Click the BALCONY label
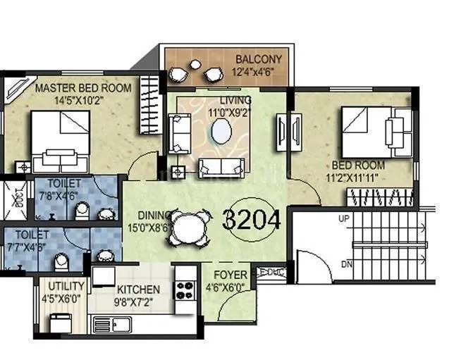[x=255, y=58]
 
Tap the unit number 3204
[x=252, y=221]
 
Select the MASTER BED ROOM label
[x=83, y=88]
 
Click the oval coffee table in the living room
[x=221, y=132]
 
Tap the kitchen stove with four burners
[x=185, y=290]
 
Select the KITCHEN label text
[x=138, y=290]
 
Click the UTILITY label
[x=66, y=286]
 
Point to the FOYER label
[x=230, y=274]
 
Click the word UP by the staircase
[x=344, y=219]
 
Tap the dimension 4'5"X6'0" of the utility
[x=65, y=298]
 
